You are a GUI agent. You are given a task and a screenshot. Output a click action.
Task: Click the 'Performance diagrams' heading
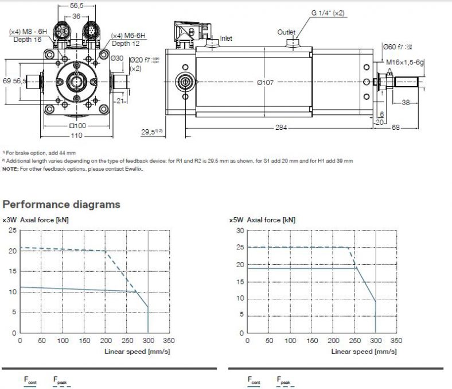[x=61, y=204]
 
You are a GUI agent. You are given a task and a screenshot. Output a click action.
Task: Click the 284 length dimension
[x=281, y=128]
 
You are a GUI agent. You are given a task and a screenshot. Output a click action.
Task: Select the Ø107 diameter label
[x=265, y=83]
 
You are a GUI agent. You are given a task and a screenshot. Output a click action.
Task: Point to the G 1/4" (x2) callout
[x=328, y=13]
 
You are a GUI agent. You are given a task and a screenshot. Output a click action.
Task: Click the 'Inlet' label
[x=227, y=39]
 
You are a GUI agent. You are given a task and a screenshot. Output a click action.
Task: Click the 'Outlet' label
[x=286, y=32]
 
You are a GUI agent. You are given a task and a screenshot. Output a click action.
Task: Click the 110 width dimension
[x=76, y=136]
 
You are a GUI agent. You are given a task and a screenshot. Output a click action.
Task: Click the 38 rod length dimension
[x=405, y=102]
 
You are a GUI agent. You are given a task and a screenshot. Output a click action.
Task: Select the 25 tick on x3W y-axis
[x=13, y=230]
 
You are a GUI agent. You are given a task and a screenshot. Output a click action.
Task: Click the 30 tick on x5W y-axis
[x=240, y=230]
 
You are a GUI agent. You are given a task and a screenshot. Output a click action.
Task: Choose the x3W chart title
[x=37, y=219]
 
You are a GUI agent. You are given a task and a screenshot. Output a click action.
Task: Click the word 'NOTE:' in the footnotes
[x=10, y=169]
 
